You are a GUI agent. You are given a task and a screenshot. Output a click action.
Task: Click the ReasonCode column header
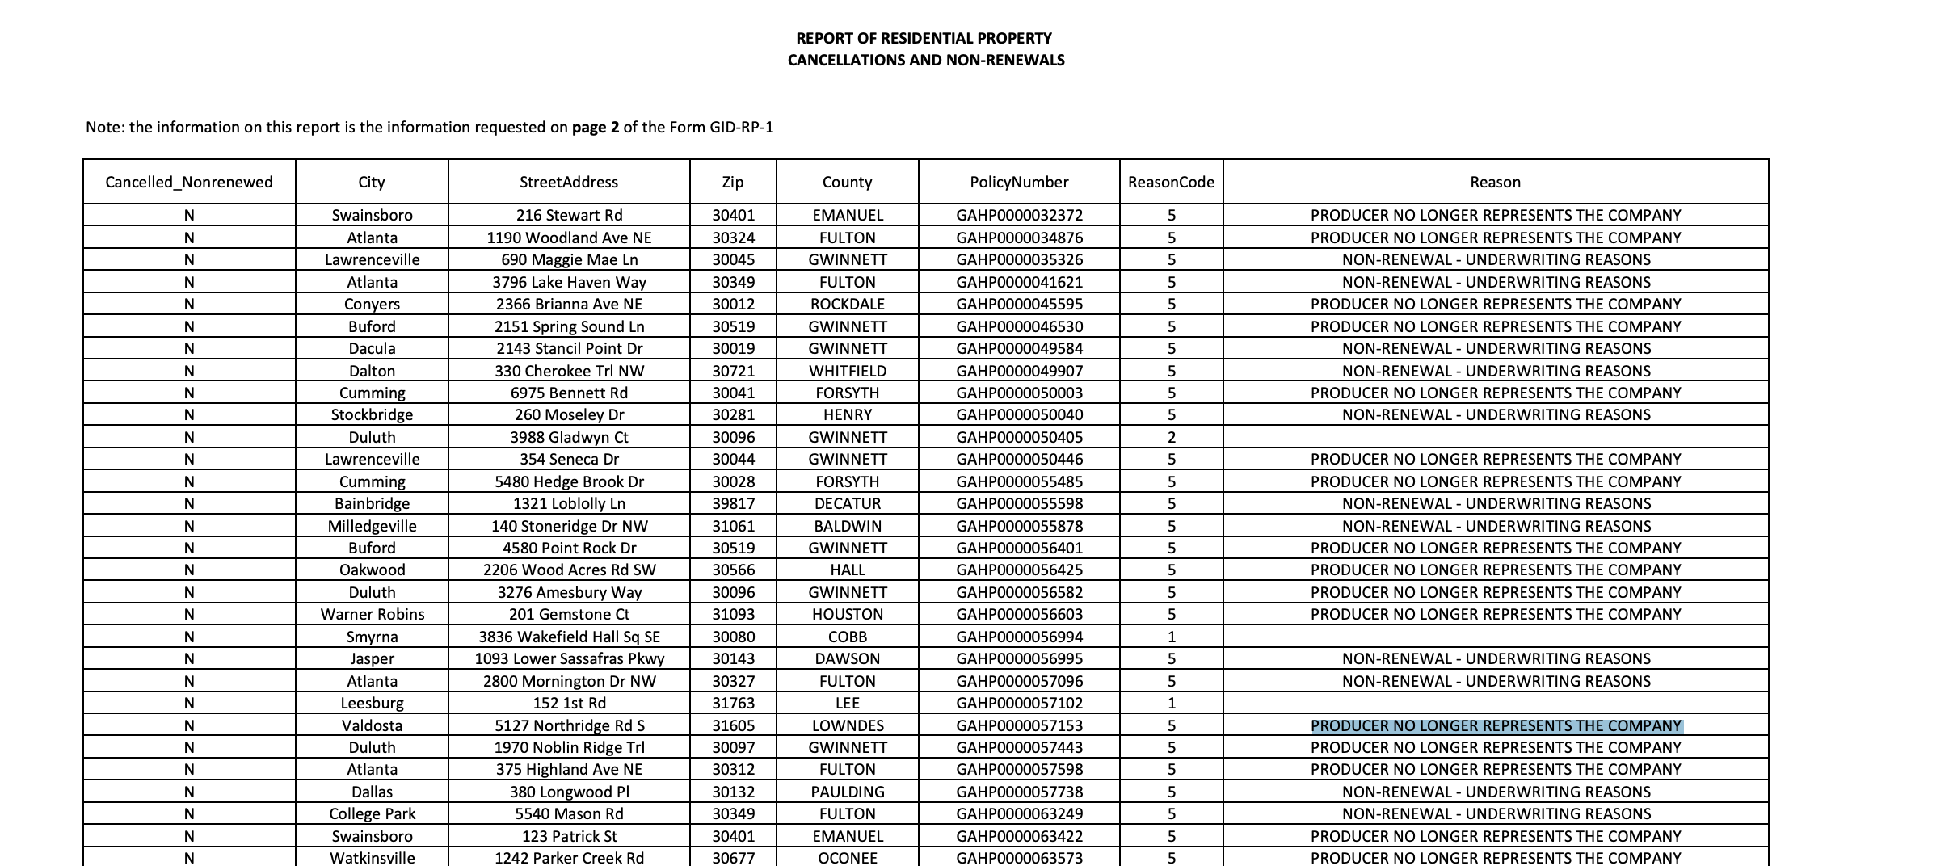[1171, 182]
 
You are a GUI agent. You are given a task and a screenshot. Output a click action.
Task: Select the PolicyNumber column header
[1019, 182]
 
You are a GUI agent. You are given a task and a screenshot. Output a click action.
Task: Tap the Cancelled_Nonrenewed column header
[189, 182]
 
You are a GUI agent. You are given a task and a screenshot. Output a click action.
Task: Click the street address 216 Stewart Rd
[569, 215]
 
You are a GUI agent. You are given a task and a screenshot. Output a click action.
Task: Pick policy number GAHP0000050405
[1019, 437]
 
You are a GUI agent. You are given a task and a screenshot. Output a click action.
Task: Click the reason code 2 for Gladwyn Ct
[1171, 437]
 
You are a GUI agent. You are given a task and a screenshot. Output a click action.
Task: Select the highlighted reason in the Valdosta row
[1496, 725]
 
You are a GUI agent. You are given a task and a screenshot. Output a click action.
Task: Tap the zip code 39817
[733, 503]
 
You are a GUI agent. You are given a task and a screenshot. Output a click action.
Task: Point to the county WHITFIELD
[848, 371]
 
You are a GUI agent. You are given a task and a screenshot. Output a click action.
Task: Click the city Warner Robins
[372, 614]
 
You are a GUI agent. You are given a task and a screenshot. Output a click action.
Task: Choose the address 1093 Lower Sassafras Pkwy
[569, 658]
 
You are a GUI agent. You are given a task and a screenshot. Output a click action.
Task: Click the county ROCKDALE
[848, 304]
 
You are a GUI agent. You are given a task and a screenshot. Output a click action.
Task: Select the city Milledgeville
[372, 526]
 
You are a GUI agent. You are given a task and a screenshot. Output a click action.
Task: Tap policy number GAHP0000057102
[1019, 703]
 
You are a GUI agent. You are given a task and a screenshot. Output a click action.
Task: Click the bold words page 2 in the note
[596, 127]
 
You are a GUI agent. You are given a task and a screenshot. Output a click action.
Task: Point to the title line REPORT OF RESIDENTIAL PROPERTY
[924, 38]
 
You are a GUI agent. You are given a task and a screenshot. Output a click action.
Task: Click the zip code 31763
[733, 703]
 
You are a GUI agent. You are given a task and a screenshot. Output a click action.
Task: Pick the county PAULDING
[848, 792]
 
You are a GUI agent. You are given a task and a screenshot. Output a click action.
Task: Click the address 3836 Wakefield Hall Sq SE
[569, 637]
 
